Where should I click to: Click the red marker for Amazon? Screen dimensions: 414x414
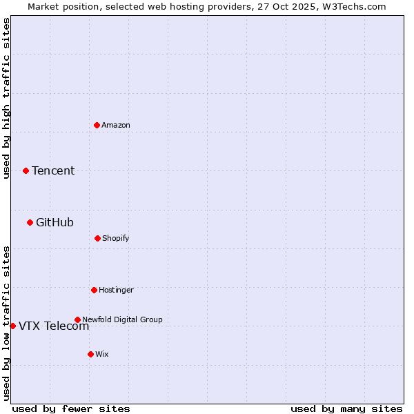(97, 125)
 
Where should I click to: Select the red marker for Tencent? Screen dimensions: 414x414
(26, 170)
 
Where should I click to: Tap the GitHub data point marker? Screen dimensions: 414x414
(30, 222)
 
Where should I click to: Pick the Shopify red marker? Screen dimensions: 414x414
(97, 238)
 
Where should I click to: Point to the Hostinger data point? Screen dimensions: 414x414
(94, 290)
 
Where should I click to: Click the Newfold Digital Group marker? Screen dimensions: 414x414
(77, 319)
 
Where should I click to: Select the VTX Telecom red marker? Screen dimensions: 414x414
(12, 326)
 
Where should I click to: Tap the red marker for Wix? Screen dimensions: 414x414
(90, 354)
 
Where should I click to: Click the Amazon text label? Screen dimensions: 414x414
(116, 125)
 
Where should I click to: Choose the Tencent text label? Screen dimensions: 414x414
(53, 170)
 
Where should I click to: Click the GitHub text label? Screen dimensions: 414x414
(55, 222)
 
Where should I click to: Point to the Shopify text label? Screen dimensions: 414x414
(116, 238)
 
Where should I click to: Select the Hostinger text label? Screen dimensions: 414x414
(116, 290)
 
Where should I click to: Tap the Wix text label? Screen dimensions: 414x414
(102, 354)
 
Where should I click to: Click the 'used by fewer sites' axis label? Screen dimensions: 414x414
(71, 408)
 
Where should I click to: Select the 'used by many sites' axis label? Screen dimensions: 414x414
(346, 408)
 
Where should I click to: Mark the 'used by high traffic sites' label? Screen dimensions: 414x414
(6, 98)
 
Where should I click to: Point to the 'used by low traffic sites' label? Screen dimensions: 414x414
(6, 322)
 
